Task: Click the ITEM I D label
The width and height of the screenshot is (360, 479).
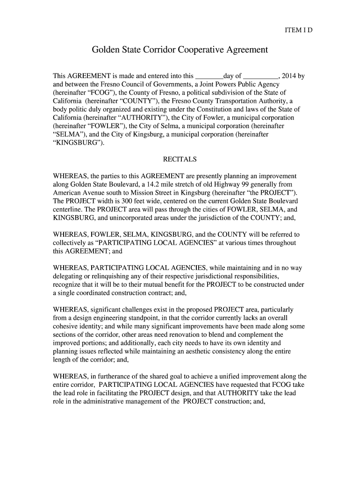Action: click(x=298, y=30)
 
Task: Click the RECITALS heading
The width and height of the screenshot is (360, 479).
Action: click(x=180, y=160)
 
